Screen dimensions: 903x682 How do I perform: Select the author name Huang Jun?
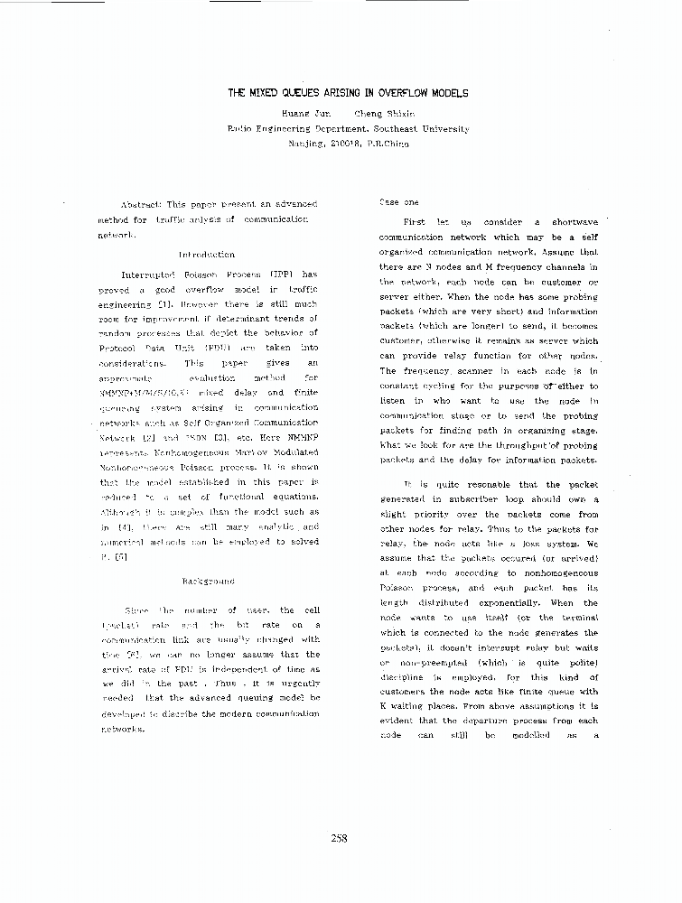[301, 115]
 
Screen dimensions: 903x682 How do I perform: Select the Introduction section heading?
[206, 255]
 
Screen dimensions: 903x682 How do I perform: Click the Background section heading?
[208, 581]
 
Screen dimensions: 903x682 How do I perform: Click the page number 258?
[340, 838]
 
